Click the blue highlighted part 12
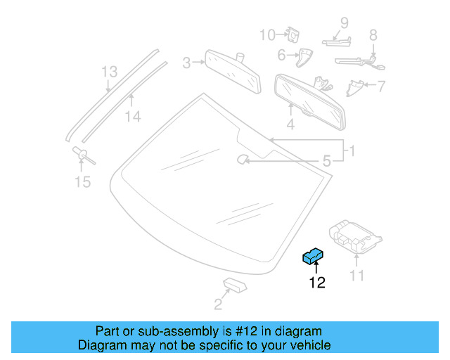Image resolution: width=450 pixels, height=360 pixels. pyautogui.click(x=312, y=256)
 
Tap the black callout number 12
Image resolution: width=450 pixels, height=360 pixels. pyautogui.click(x=317, y=283)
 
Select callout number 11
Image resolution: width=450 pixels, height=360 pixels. pyautogui.click(x=357, y=276)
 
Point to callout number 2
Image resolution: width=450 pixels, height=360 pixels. pyautogui.click(x=218, y=304)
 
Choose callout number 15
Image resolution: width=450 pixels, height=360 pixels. pyautogui.click(x=83, y=182)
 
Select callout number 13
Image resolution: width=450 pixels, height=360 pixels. pyautogui.click(x=108, y=72)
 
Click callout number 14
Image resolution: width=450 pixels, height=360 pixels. pyautogui.click(x=133, y=117)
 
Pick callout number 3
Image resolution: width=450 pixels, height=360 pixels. pyautogui.click(x=187, y=63)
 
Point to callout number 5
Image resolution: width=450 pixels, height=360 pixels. pyautogui.click(x=326, y=162)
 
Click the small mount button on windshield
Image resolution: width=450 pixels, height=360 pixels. pyautogui.click(x=242, y=160)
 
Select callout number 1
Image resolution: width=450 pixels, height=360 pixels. pyautogui.click(x=352, y=150)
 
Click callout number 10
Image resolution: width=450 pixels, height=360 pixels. pyautogui.click(x=267, y=35)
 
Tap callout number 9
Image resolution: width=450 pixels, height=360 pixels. pyautogui.click(x=345, y=22)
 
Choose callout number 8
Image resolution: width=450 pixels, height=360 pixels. pyautogui.click(x=373, y=34)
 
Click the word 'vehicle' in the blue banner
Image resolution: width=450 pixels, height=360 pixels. pyautogui.click(x=308, y=345)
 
